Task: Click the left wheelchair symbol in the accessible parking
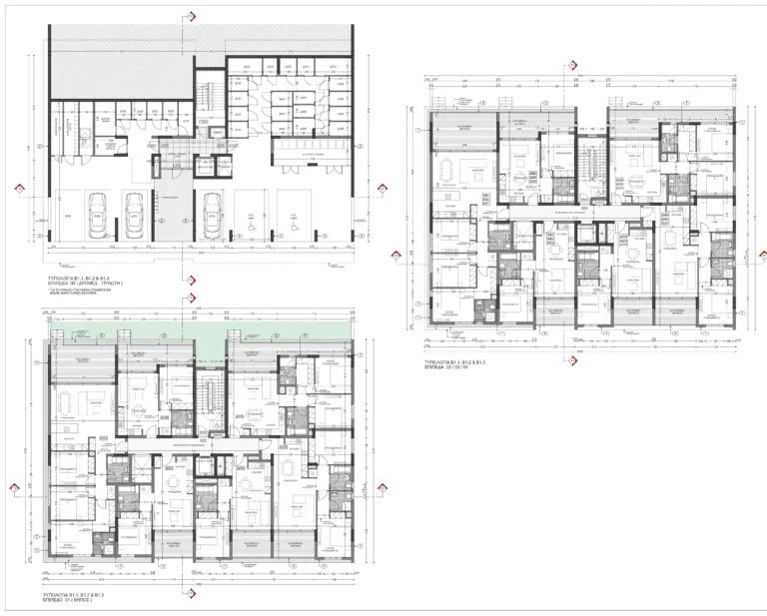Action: pos(253,214)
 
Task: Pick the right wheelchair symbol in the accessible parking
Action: pos(292,214)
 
